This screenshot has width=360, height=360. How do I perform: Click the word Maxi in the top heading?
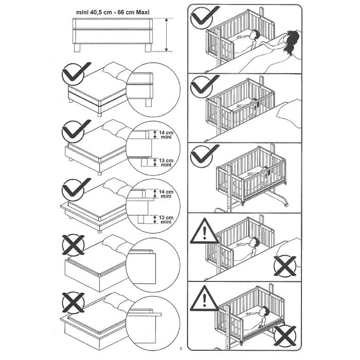142,12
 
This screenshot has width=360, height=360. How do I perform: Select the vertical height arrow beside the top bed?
167,35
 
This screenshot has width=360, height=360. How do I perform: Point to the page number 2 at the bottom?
181,349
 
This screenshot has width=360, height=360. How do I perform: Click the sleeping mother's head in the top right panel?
292,40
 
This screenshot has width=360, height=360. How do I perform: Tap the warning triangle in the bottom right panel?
204,298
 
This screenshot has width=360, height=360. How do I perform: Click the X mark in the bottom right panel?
285,336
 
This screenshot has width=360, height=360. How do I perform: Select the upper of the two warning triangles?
204,231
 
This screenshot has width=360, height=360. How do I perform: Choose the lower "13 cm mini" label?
166,220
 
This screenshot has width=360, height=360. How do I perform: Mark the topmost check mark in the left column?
76,73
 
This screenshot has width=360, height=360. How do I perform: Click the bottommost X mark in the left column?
73,302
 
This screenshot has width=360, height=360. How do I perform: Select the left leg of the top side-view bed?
77,48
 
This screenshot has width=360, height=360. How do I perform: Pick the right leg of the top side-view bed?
148,48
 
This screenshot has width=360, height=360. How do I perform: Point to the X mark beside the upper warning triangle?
285,266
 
